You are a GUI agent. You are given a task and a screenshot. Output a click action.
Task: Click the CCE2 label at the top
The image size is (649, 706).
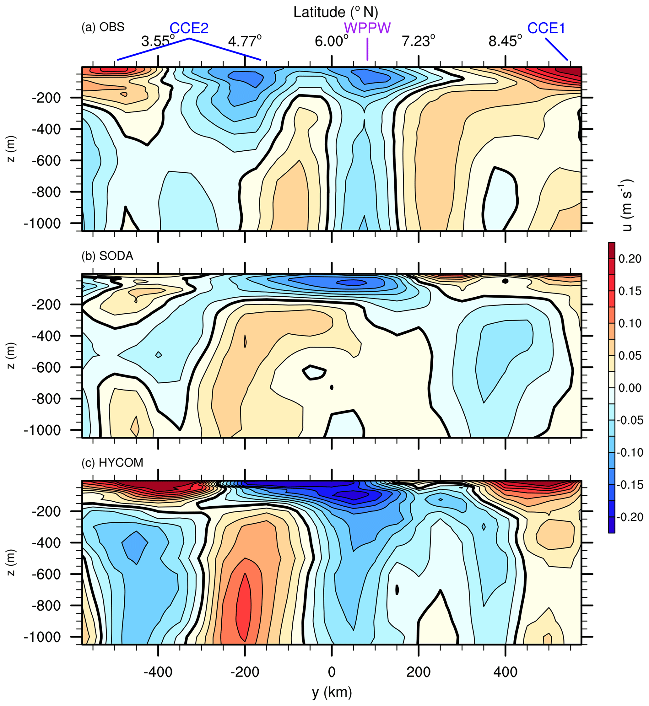[x=189, y=28]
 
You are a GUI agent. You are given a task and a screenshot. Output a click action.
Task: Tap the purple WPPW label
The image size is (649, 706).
[x=367, y=28]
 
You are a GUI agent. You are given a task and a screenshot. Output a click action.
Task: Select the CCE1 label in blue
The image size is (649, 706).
[x=546, y=28]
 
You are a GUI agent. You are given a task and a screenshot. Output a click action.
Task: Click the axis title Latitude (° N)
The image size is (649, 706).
[x=335, y=12]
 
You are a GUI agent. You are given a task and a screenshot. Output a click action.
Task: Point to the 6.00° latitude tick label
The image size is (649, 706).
[x=331, y=41]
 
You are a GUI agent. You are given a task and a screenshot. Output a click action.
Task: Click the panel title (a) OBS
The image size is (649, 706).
[x=103, y=27]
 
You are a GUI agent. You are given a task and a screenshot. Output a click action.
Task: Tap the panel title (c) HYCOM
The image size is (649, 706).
[x=112, y=463]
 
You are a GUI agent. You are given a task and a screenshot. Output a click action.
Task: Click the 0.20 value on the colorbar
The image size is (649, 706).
[x=630, y=259]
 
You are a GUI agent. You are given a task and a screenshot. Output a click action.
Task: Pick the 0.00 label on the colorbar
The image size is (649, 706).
[x=630, y=388]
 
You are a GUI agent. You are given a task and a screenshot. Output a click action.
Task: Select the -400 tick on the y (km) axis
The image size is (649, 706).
[x=158, y=672]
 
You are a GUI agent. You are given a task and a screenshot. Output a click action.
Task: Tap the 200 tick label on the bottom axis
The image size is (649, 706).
[x=419, y=672]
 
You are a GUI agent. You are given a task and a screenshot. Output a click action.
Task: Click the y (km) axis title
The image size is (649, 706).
[x=332, y=692]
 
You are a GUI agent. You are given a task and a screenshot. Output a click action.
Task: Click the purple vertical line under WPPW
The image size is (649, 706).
[x=367, y=49]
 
